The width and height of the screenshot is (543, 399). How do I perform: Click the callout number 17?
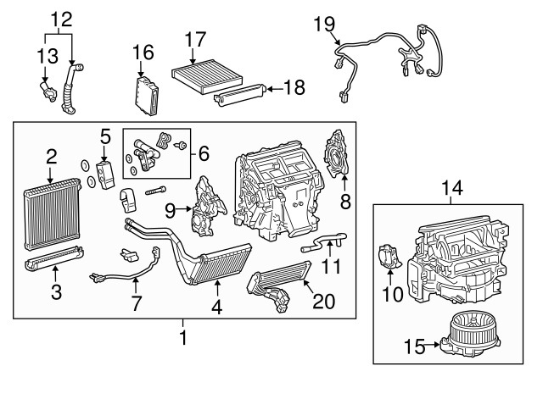pyautogui.click(x=195, y=40)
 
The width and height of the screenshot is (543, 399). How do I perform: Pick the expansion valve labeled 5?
pyautogui.click(x=106, y=170)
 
